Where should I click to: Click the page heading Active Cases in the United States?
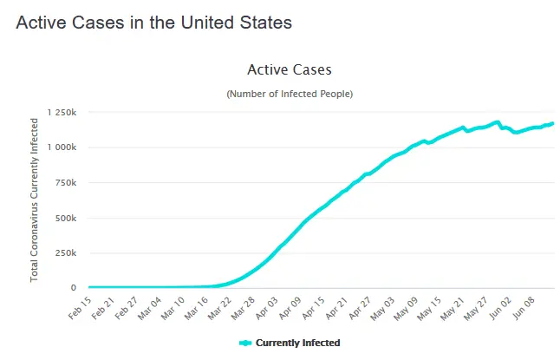click(153, 23)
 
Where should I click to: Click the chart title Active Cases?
click(289, 69)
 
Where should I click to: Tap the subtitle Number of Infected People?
click(290, 93)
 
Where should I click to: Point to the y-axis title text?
click(35, 199)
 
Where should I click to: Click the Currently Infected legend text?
click(297, 344)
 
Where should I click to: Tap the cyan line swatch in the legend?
click(245, 344)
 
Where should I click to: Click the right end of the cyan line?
click(553, 123)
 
